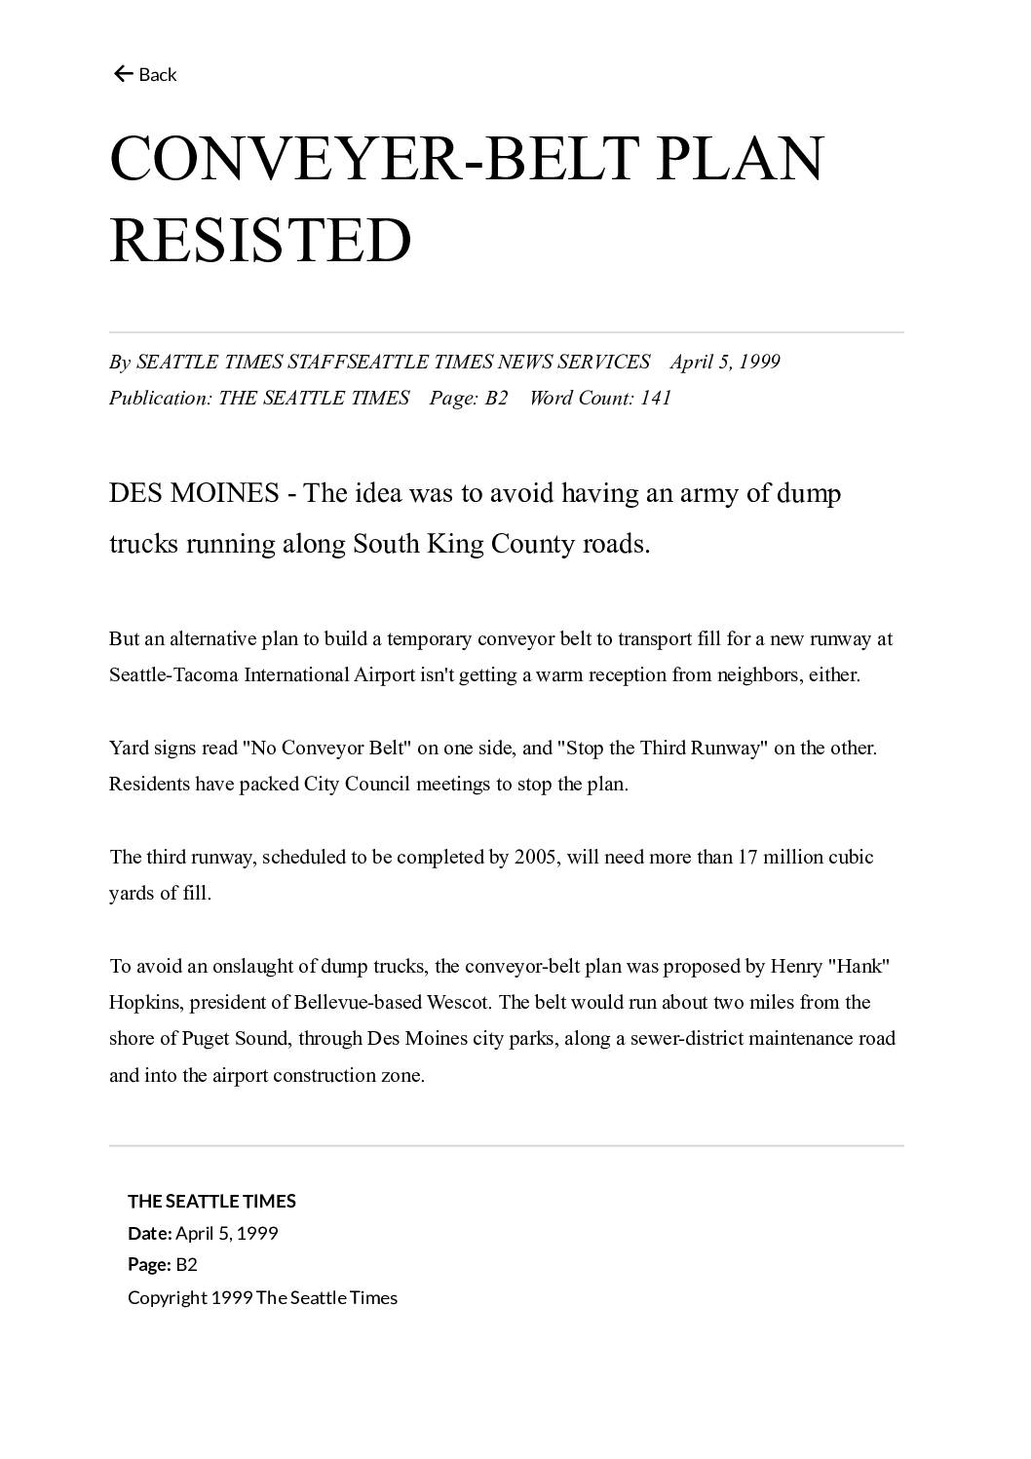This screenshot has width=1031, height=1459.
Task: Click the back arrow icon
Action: click(x=123, y=74)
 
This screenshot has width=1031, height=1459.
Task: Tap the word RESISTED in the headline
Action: click(x=260, y=240)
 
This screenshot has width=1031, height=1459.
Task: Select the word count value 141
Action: click(x=656, y=398)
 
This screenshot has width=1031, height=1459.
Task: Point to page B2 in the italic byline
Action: click(x=496, y=398)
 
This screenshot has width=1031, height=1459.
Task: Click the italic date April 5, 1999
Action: click(x=725, y=362)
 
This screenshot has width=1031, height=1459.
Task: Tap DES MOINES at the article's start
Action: click(x=194, y=493)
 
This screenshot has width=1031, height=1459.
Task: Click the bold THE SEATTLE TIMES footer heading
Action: click(x=211, y=1201)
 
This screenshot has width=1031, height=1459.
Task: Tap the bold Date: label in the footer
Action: click(x=149, y=1233)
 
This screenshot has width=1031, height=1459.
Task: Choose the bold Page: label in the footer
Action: click(x=149, y=1264)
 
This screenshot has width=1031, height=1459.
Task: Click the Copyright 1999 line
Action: click(x=262, y=1297)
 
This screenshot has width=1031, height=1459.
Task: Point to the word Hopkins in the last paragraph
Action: click(x=144, y=1002)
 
